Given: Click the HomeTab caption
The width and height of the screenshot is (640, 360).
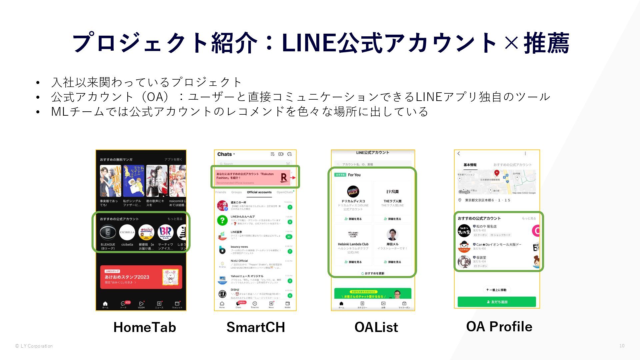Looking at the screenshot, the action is click(x=144, y=327).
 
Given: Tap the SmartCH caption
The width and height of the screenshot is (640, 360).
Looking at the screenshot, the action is click(x=256, y=327).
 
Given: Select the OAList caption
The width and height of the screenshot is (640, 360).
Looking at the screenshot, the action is click(x=376, y=327).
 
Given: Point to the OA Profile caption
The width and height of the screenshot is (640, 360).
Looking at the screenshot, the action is click(x=499, y=326).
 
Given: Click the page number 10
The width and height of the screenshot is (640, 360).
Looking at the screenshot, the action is click(x=622, y=346).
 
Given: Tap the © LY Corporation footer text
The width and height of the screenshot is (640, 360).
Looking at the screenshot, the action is click(x=34, y=346).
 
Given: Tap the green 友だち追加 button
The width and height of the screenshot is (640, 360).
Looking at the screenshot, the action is click(x=497, y=302).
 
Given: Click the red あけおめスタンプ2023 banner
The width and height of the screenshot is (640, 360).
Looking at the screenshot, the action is click(x=141, y=277).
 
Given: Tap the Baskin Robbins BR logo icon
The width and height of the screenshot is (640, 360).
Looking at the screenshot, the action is click(x=165, y=232).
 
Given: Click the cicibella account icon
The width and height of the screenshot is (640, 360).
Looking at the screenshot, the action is click(x=127, y=232).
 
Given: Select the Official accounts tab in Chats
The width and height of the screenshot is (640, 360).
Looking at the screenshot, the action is click(x=259, y=192).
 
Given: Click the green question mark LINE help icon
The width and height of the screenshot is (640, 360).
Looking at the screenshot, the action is click(x=222, y=220).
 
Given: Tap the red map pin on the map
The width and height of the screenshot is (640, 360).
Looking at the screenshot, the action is click(x=497, y=173).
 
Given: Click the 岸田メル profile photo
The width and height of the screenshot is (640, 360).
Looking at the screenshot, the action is click(x=392, y=235).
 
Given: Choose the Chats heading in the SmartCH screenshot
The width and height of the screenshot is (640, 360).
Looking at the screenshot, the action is click(x=225, y=154).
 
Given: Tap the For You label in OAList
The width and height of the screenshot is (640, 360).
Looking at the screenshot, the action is click(x=354, y=175).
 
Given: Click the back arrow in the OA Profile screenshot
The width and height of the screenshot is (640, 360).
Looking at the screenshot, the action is click(x=459, y=153).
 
